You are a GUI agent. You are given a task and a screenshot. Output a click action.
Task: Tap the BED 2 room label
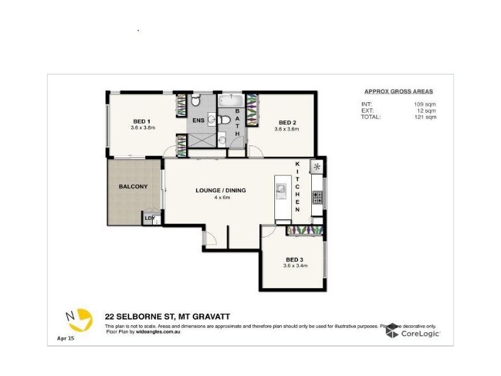click(x=287, y=122)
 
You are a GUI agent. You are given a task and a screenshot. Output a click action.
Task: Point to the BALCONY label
click(x=133, y=187)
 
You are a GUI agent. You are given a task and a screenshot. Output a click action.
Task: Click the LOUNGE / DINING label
click(x=221, y=191)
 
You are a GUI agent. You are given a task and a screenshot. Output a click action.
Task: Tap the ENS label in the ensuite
click(x=198, y=120)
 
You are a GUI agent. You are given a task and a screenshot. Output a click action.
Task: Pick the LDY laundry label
click(x=149, y=218)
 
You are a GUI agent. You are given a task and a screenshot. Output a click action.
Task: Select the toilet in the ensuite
click(x=195, y=100)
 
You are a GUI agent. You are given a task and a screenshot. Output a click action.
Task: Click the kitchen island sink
click(x=281, y=189)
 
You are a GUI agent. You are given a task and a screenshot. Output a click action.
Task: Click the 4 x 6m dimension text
click(x=221, y=197)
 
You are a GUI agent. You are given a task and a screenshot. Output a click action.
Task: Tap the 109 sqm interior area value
click(x=425, y=104)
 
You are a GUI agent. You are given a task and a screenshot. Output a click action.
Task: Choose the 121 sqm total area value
click(x=425, y=117)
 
